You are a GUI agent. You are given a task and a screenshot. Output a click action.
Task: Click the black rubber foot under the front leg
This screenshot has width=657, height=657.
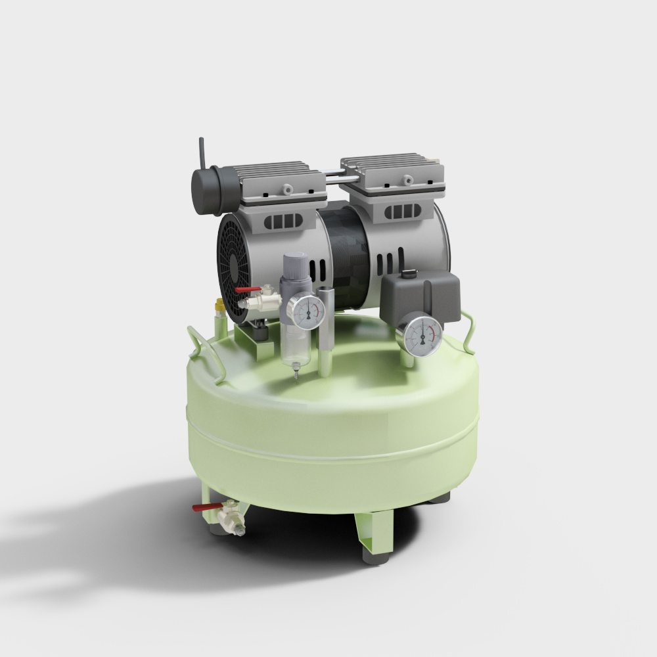click(374, 559)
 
